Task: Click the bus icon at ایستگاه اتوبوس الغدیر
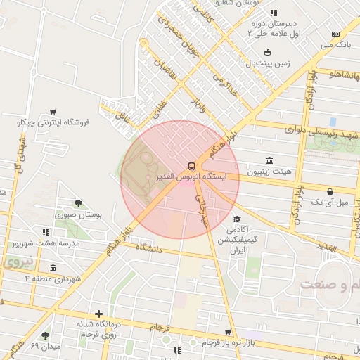point(191,166)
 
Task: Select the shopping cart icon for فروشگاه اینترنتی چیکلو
point(52,112)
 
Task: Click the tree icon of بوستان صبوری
point(77,204)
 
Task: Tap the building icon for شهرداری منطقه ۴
point(53,268)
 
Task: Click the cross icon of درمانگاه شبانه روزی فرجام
point(98,314)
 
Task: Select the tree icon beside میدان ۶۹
point(46,335)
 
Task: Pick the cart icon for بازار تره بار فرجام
point(227,332)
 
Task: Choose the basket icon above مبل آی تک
point(330,191)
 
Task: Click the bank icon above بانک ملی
point(335,34)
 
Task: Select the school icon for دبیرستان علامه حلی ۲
point(273,13)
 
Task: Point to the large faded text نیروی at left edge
point(14,262)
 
